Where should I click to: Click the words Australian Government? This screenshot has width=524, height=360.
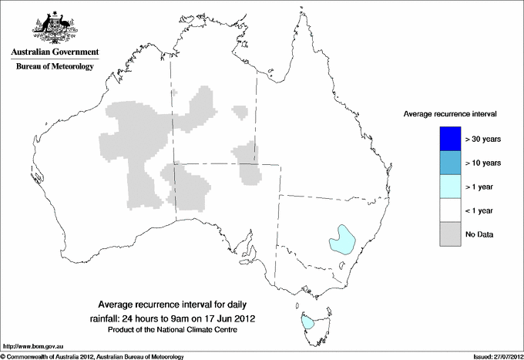(x=52, y=52)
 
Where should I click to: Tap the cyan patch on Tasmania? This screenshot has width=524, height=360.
(x=308, y=323)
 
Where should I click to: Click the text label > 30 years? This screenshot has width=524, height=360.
(x=483, y=139)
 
